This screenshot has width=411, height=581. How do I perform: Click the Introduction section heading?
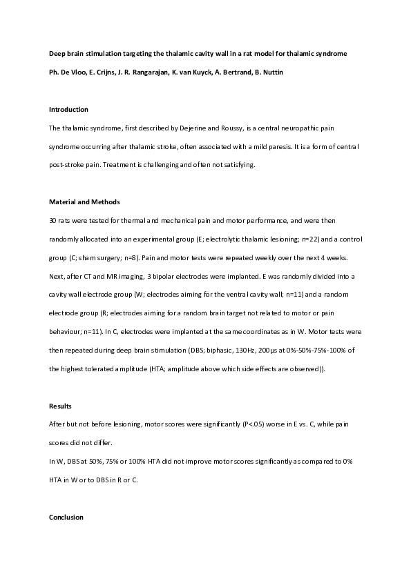(68, 110)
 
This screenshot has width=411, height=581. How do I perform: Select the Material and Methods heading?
(84, 202)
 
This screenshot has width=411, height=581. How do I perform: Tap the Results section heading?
(61, 406)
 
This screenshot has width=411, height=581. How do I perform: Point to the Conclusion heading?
(66, 517)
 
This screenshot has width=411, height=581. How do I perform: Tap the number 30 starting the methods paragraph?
(53, 221)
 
